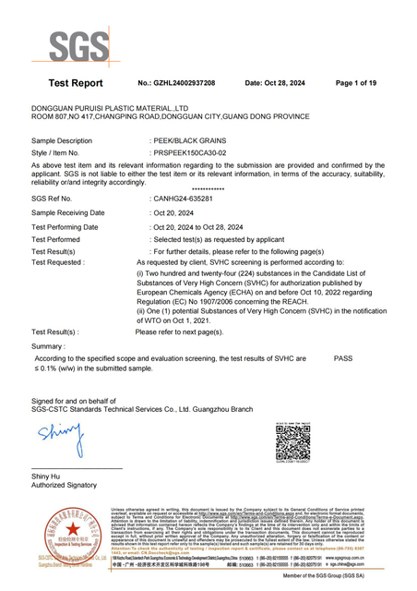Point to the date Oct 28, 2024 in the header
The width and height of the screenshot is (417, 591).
pyautogui.click(x=292, y=83)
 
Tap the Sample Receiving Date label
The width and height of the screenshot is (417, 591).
pyautogui.click(x=68, y=212)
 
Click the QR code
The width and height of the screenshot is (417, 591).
pyautogui.click(x=293, y=440)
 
